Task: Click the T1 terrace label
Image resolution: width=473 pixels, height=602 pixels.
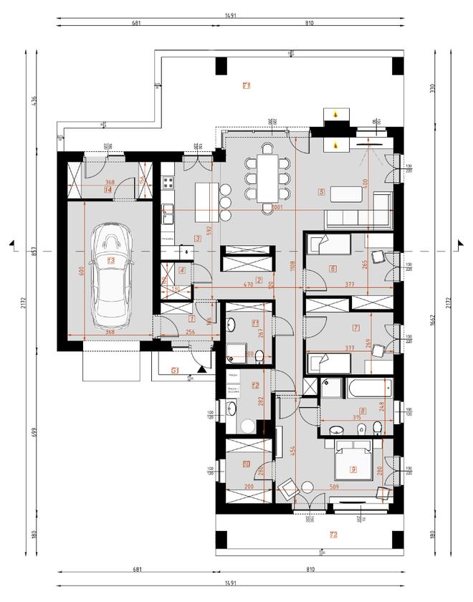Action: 246,86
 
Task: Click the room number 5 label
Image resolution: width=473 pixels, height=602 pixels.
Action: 322,192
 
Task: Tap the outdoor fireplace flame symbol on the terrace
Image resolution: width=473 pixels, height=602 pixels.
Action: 335,113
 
